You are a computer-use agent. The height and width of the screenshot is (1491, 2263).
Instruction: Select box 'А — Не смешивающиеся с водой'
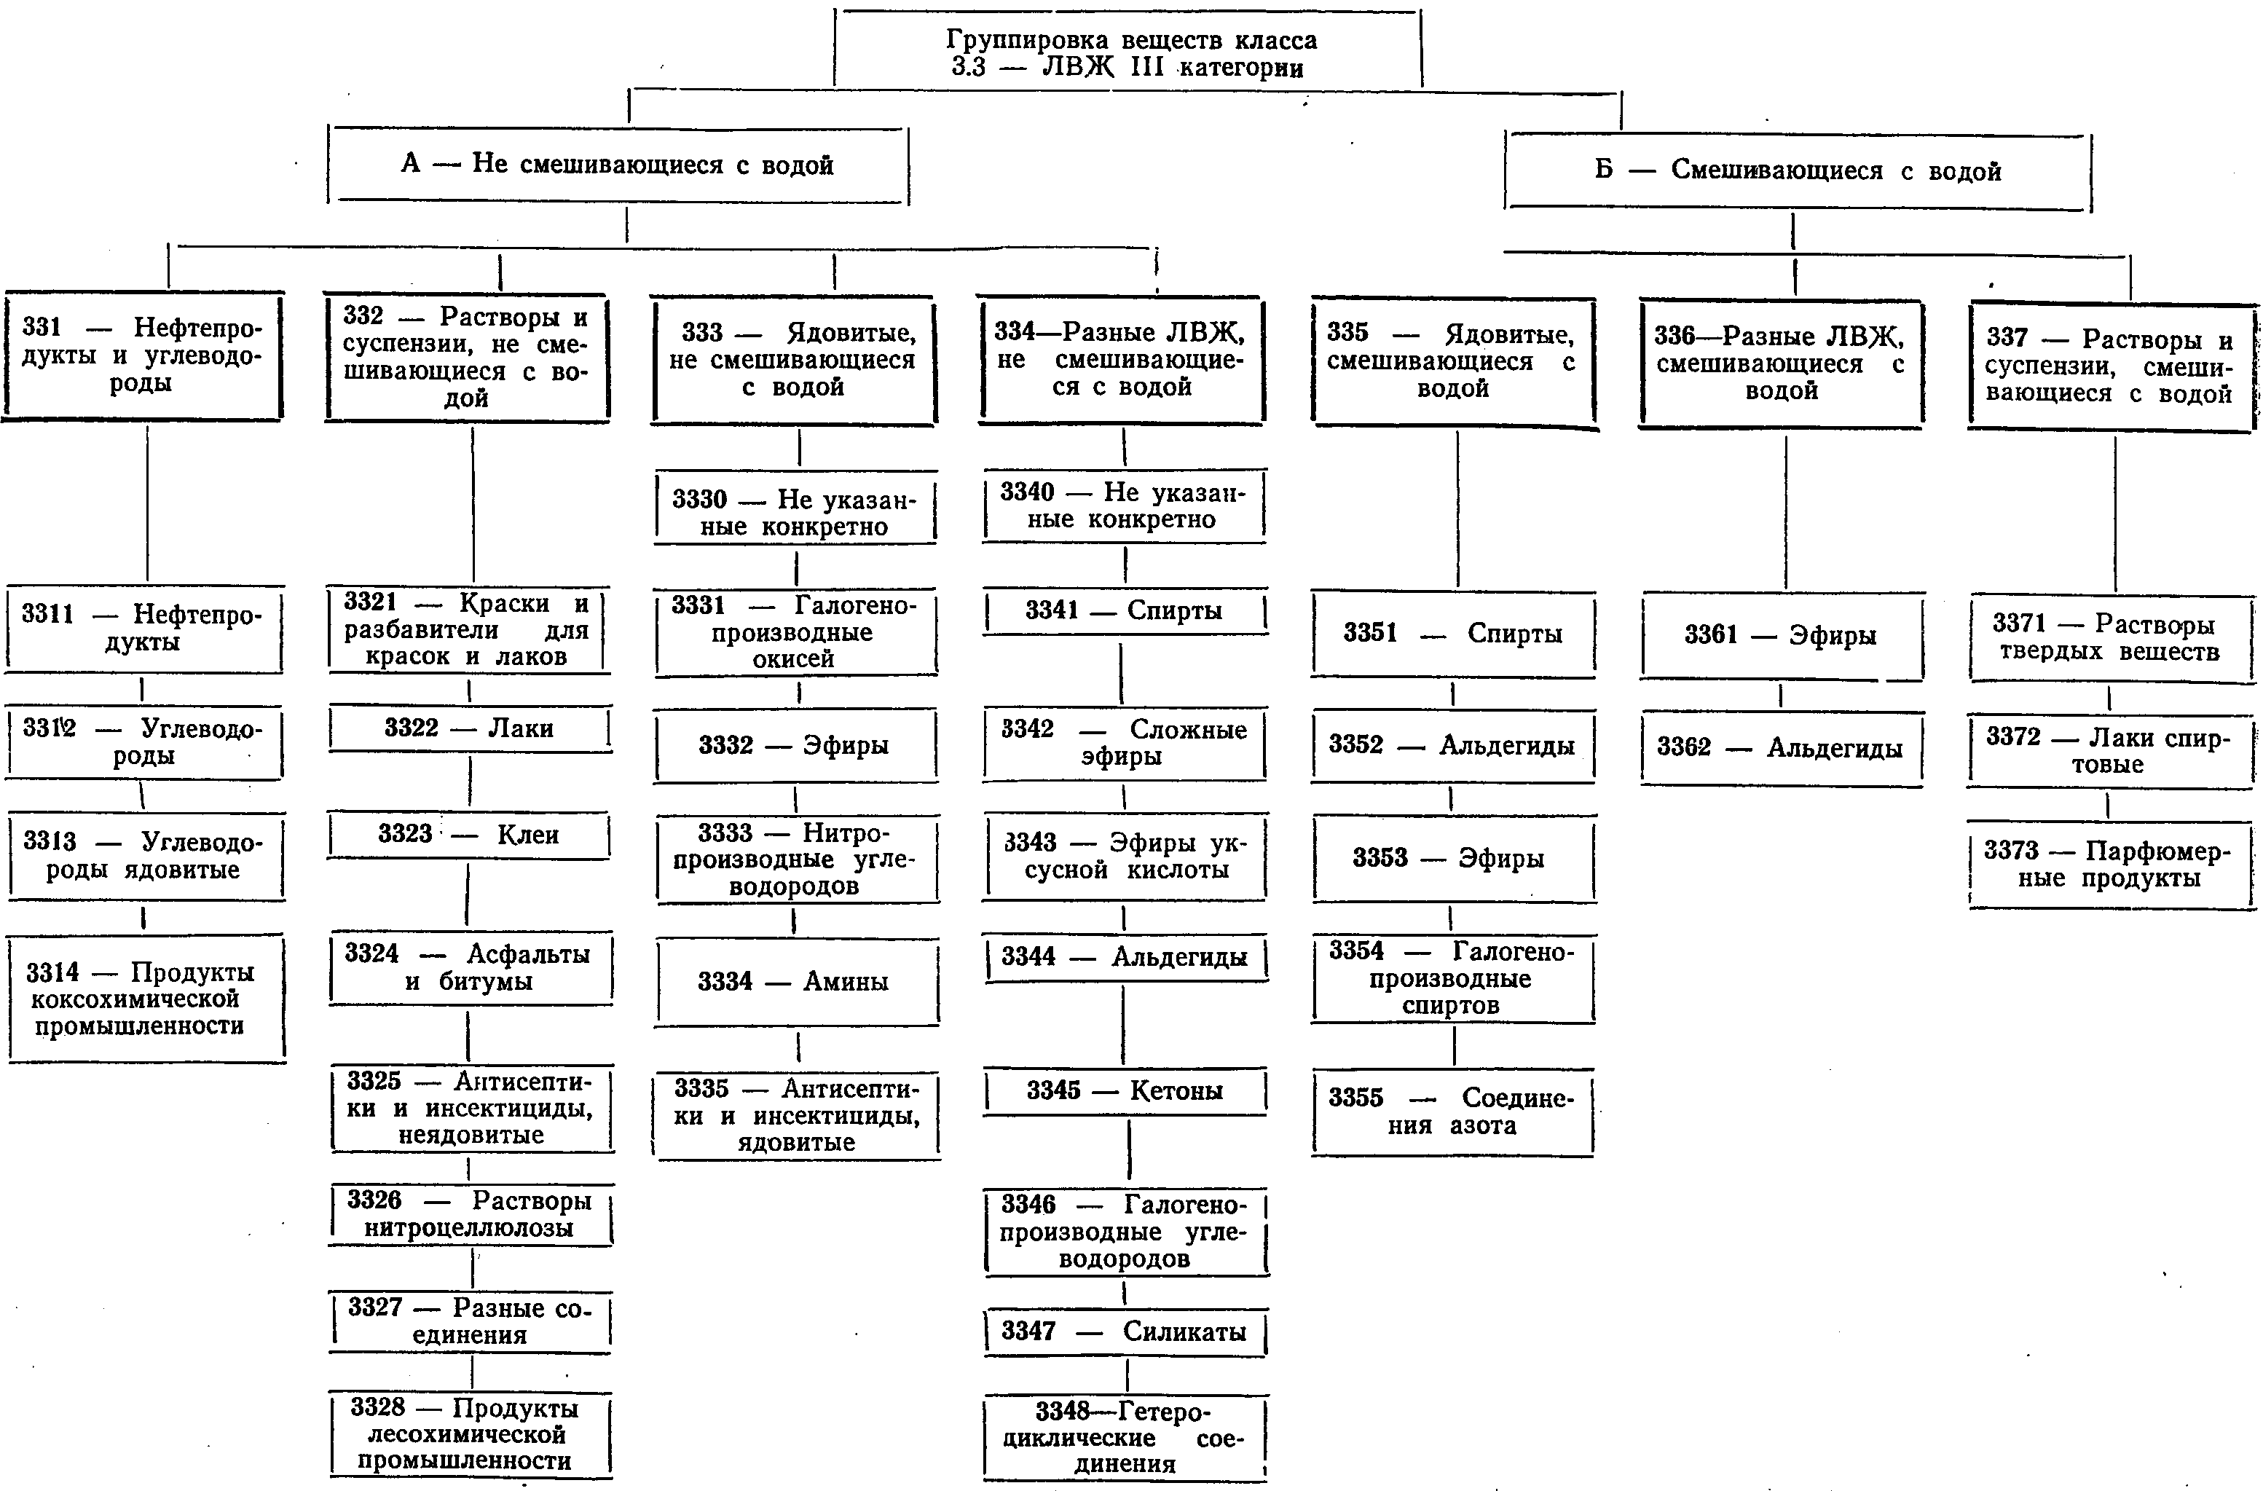618,164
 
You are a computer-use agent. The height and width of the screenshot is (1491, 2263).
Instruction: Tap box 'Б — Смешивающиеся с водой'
1798,171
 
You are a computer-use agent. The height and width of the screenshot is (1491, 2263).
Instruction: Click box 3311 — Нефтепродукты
144,629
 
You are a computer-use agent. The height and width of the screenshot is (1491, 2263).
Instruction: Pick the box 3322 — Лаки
469,728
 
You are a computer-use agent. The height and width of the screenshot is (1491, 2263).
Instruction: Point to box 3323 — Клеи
469,835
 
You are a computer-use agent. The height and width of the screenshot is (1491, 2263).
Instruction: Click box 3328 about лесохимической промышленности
471,1435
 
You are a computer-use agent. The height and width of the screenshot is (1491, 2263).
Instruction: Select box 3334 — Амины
796,981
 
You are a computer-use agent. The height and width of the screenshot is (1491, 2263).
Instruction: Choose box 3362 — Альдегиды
1781,747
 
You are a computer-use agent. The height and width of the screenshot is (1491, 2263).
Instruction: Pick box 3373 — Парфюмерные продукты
2111,865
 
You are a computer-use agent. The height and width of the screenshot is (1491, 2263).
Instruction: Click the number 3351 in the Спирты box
1370,632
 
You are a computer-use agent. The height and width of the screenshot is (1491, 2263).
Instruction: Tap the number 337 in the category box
2007,337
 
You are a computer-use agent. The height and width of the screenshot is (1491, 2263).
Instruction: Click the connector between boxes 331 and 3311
147,503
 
